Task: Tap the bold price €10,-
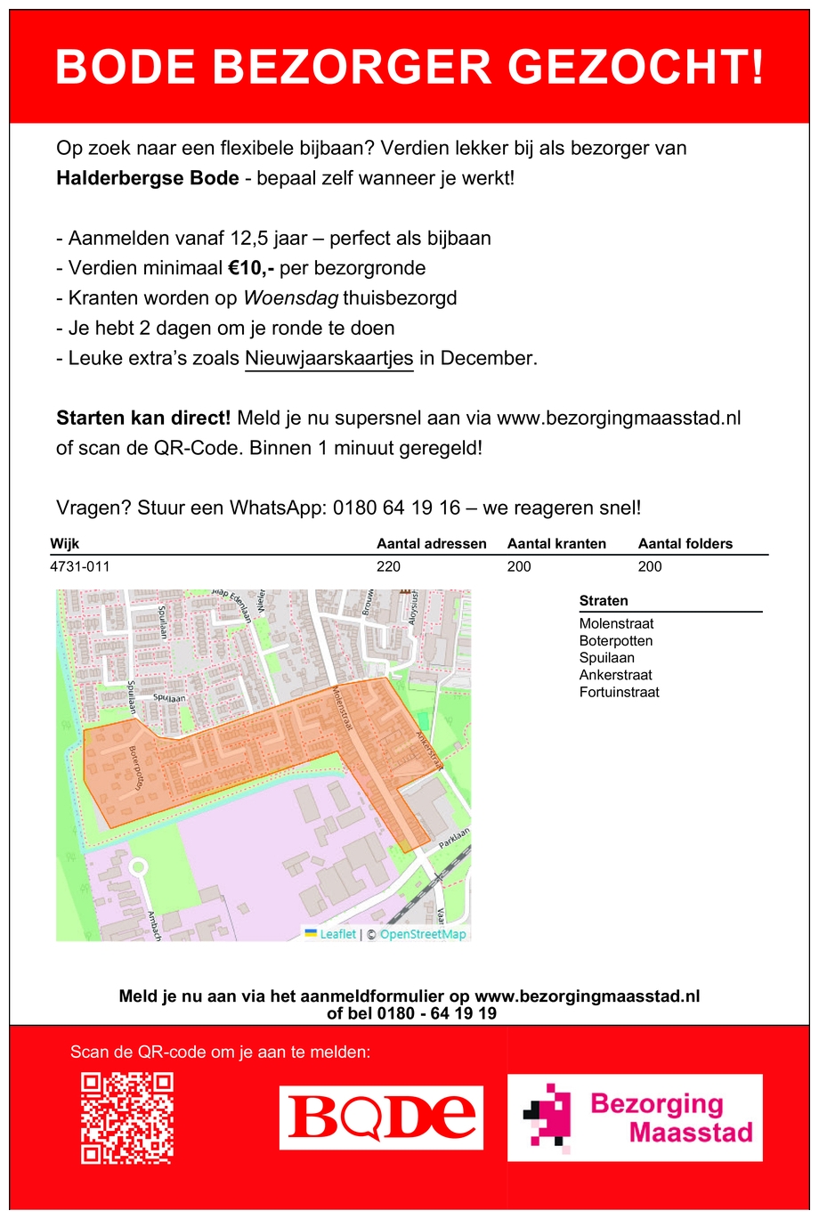(x=250, y=268)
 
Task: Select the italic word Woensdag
(x=290, y=298)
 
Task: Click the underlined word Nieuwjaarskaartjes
(x=328, y=359)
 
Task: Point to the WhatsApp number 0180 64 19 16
(x=396, y=508)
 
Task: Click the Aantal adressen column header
(x=431, y=544)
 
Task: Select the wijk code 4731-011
(x=80, y=566)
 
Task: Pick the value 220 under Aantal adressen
(x=389, y=566)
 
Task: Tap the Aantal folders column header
(x=685, y=544)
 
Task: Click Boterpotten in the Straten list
(x=615, y=641)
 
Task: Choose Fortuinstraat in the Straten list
(x=619, y=692)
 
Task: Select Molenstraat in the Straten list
(x=616, y=624)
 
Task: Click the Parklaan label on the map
(x=454, y=837)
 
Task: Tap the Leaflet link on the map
(x=337, y=934)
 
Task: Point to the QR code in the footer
(x=127, y=1118)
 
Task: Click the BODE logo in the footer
(x=381, y=1117)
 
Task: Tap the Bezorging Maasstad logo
(x=635, y=1117)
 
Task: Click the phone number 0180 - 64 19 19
(x=436, y=1013)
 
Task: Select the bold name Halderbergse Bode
(x=147, y=178)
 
